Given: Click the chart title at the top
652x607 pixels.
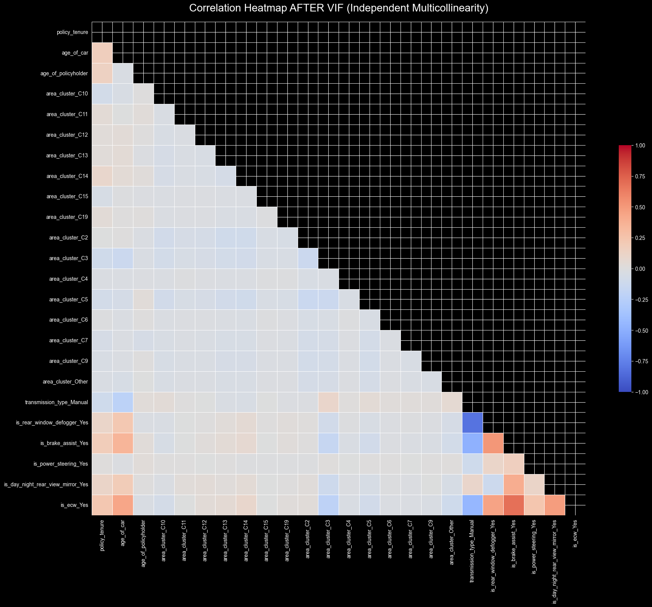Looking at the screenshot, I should [339, 8].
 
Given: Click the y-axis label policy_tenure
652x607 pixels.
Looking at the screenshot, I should [73, 32].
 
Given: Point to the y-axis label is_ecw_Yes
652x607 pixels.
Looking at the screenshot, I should [75, 505].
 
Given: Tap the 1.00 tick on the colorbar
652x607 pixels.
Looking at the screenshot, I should [639, 146].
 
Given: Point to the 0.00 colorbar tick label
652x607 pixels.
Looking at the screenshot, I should [639, 269].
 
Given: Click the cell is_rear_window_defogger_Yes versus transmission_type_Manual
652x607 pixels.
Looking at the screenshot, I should [472, 423].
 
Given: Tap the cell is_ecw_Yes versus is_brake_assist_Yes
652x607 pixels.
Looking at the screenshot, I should [514, 505].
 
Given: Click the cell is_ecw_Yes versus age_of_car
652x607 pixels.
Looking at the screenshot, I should [123, 505].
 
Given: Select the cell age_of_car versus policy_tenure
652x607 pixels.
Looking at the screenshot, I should [102, 53].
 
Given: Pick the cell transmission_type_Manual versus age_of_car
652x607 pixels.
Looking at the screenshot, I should [123, 402].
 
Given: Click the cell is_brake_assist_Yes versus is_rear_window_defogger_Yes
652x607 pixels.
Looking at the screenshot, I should [493, 443].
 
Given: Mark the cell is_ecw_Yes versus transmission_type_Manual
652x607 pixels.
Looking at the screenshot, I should [472, 505].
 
